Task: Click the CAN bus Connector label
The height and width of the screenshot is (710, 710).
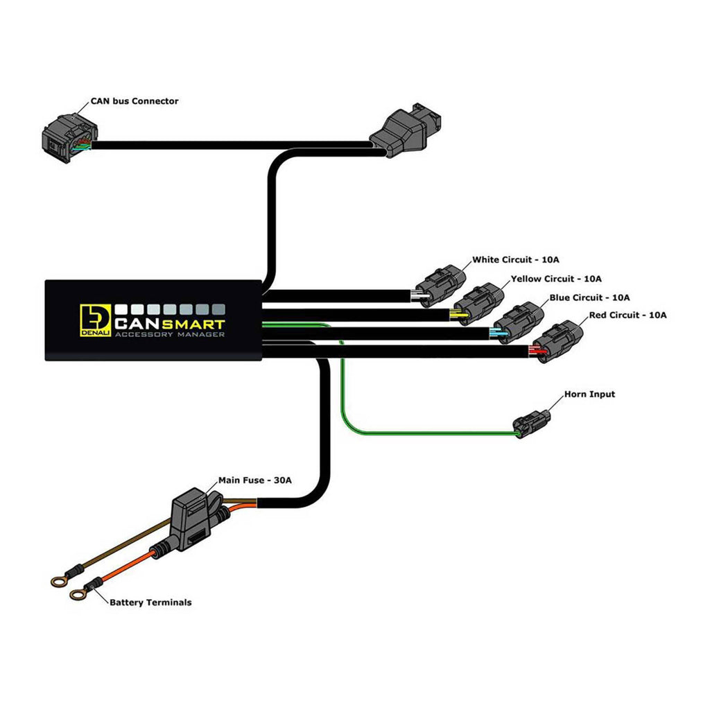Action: tap(134, 101)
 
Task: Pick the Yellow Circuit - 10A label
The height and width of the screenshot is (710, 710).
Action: tap(555, 279)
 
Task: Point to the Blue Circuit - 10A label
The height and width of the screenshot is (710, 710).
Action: tap(589, 297)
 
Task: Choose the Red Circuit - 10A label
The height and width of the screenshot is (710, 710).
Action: tap(627, 315)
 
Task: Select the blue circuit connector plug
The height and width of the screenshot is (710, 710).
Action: tap(519, 322)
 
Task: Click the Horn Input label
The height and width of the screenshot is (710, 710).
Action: tap(589, 395)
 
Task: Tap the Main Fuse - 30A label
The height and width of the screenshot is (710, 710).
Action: tap(254, 480)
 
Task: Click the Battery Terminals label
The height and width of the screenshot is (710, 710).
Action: tap(150, 603)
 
